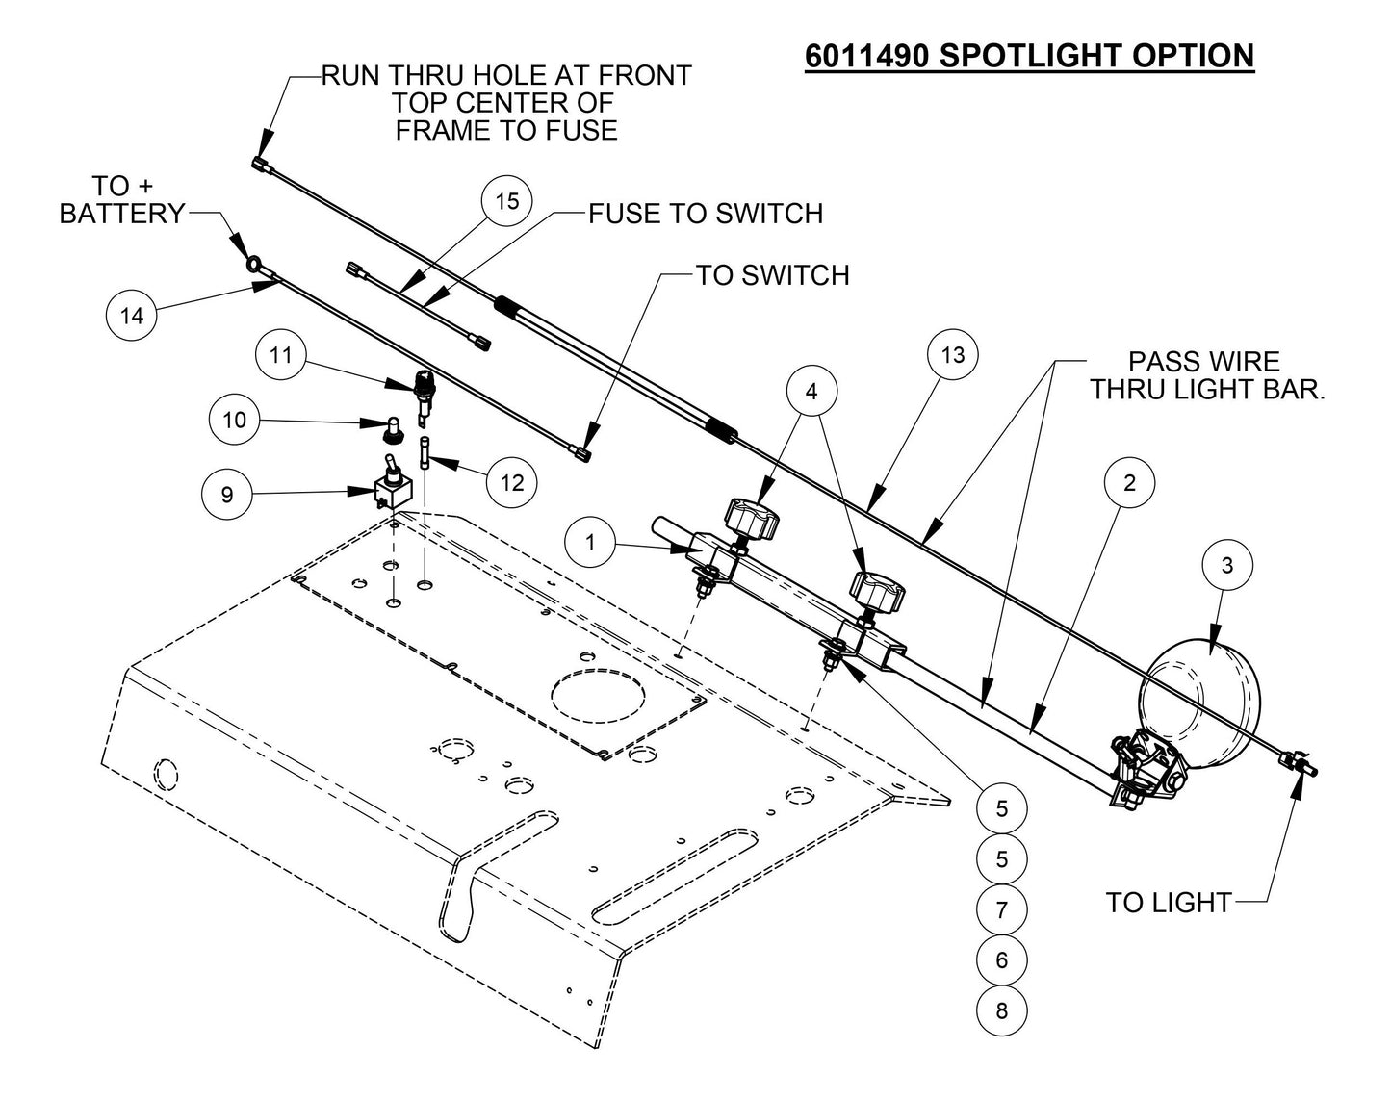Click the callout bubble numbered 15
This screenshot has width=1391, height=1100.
coord(507,201)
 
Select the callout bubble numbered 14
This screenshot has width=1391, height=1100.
coord(132,315)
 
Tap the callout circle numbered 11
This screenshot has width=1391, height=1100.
coord(280,355)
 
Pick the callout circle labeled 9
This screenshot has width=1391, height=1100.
coord(227,495)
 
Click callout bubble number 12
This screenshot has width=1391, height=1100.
coord(512,482)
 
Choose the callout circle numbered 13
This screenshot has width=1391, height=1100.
coord(952,355)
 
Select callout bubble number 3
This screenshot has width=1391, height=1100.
coord(1226,565)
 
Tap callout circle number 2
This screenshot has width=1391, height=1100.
coord(1129,482)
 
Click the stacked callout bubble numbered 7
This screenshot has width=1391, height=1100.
coord(1002,909)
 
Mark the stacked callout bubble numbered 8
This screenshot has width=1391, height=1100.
coord(1002,1010)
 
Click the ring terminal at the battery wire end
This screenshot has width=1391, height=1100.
coord(251,263)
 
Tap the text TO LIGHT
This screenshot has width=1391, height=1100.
coord(1168,903)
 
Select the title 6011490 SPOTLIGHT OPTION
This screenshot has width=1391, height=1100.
coord(1029,55)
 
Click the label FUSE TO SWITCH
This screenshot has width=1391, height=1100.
coord(706,213)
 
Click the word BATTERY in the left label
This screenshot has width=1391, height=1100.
coord(121,213)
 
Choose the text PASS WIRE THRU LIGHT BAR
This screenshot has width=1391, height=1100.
coord(1203,375)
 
